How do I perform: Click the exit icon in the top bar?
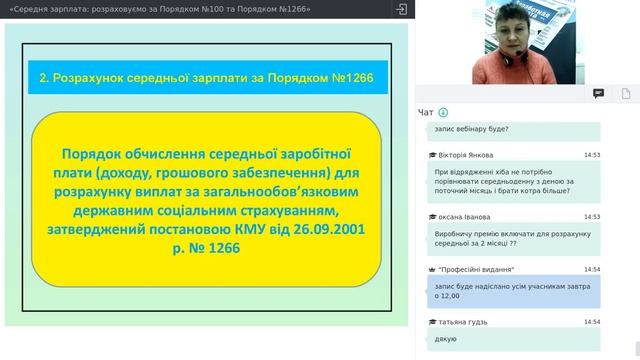click(x=401, y=9)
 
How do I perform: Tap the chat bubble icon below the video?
click(x=598, y=93)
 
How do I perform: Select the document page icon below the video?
click(x=625, y=93)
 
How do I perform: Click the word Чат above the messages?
click(x=426, y=112)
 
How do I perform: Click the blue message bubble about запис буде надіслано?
click(x=510, y=290)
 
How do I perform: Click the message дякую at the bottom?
click(x=446, y=340)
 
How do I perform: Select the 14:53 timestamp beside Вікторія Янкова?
click(x=592, y=155)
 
